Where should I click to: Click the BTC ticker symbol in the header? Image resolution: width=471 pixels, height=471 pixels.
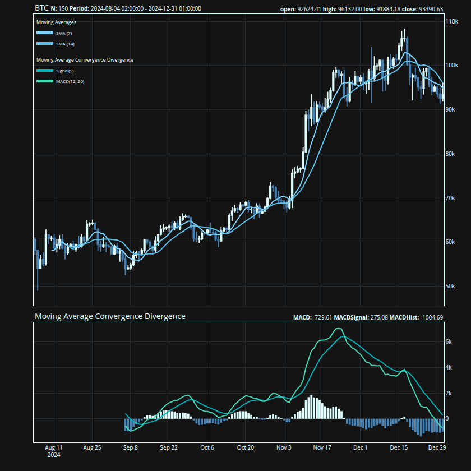[41, 8]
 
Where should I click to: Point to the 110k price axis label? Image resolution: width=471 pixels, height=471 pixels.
[451, 21]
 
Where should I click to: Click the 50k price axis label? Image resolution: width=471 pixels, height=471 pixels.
[450, 286]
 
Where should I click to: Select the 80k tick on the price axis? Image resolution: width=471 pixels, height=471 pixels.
[450, 154]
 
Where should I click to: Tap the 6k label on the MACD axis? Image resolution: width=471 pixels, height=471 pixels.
[449, 341]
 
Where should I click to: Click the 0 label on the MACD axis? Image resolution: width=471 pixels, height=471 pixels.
[447, 419]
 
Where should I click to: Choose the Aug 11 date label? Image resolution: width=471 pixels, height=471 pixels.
[54, 448]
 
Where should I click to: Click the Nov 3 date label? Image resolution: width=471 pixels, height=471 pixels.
[284, 448]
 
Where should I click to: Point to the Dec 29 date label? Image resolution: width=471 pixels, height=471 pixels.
[437, 448]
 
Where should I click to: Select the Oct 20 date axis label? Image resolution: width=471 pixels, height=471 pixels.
[246, 448]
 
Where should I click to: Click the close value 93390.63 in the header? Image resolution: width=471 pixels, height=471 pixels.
[431, 9]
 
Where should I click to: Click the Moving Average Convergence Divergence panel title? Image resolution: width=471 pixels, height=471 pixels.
[110, 317]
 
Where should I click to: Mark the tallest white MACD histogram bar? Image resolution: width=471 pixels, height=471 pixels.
[311, 408]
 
